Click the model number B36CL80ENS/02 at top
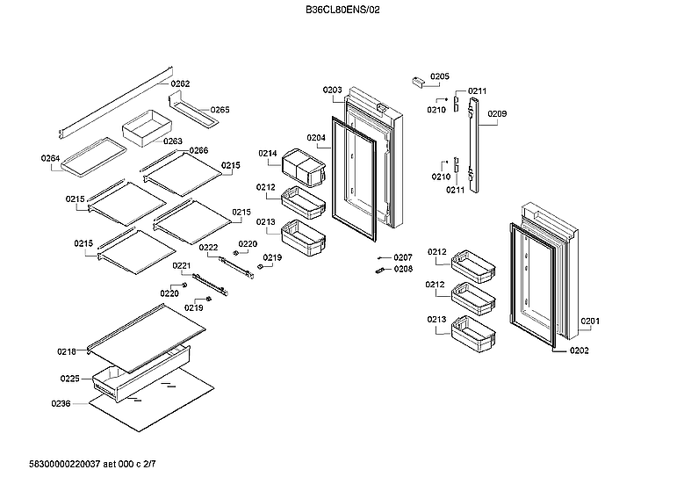point(342,10)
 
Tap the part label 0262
point(180,84)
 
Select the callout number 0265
point(220,111)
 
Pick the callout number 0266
point(198,151)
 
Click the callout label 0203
point(332,90)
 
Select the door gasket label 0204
point(316,138)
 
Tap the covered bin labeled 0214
point(304,167)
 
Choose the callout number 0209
point(497,114)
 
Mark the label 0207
point(402,257)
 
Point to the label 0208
point(402,269)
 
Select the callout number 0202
point(579,351)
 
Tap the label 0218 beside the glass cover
point(67,351)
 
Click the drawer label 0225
point(70,379)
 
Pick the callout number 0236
point(61,405)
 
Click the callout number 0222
point(208,249)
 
